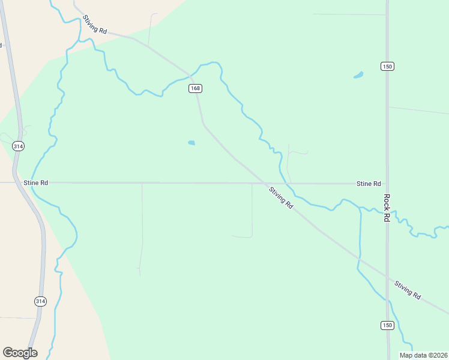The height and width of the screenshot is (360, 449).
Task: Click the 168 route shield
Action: (195, 88)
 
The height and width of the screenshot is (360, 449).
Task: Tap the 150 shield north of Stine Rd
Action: (387, 66)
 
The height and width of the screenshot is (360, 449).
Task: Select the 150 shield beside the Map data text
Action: (387, 325)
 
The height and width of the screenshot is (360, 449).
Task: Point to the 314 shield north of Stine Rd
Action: (19, 146)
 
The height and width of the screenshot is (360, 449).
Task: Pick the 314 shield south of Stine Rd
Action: (40, 301)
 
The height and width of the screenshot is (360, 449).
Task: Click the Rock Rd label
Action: (387, 208)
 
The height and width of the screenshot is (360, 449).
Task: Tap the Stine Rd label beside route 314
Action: (35, 182)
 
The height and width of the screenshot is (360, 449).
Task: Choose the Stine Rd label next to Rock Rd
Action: (369, 183)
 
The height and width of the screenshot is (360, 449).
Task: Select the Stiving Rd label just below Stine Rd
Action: (281, 198)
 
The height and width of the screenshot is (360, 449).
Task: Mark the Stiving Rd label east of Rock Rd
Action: (408, 289)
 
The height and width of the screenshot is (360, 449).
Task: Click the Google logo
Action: (20, 353)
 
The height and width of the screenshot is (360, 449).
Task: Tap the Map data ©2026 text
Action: (424, 355)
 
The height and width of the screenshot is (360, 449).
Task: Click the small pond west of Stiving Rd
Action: (191, 143)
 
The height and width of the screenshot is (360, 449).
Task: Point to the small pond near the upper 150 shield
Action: (358, 76)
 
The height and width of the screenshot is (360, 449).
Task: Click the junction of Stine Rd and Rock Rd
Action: (387, 184)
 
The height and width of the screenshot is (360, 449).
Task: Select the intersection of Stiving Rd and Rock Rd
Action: (387, 274)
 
